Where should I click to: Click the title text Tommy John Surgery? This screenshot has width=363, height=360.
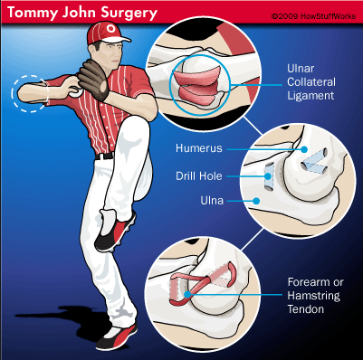point(82,13)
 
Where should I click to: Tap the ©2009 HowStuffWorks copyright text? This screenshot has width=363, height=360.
point(313,16)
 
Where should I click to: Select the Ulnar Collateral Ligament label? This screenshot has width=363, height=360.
point(311,82)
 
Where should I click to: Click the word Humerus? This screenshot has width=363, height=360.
point(199,148)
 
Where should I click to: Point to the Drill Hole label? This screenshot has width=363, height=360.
point(199,175)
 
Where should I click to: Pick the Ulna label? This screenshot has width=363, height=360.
point(212,200)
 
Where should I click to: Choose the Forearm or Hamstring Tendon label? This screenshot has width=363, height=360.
point(315,296)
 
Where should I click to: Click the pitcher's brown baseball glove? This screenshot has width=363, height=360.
point(93,79)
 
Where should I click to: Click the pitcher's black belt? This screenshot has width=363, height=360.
point(104,156)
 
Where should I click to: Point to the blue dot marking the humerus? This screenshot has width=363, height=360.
point(304,149)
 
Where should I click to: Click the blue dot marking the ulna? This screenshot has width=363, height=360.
point(256,201)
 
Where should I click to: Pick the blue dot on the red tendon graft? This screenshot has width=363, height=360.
point(187,294)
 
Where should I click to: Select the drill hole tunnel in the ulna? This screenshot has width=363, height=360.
point(268,176)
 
